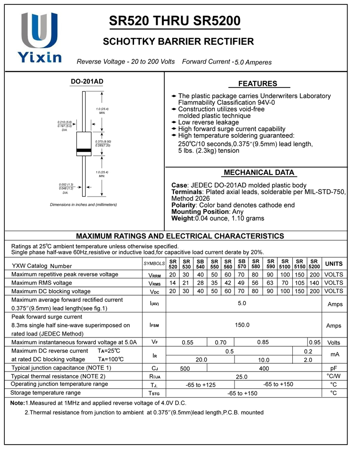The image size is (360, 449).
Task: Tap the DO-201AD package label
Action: pos(87,82)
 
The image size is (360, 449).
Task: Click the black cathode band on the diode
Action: pos(84,151)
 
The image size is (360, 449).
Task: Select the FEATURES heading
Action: pos(258,84)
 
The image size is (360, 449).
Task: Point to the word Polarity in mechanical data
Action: pos(183,205)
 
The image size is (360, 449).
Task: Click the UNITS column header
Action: pos(334,264)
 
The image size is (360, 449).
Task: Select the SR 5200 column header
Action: pos(314,264)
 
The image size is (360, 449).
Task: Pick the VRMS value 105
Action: pos(300,283)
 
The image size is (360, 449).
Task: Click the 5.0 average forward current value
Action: pos(242,303)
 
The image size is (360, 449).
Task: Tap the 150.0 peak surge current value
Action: pos(242,325)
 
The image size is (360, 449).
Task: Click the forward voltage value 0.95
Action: pos(315,343)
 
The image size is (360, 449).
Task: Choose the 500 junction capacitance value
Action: pos(185,368)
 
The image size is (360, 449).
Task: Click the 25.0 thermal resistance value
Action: pos(242,377)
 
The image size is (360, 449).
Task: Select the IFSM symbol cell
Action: pos(154,325)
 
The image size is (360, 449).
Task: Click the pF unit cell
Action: pos(334,368)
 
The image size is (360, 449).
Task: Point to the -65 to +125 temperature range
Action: pos(200,385)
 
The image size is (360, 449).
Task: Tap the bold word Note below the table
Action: pos(17,403)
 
